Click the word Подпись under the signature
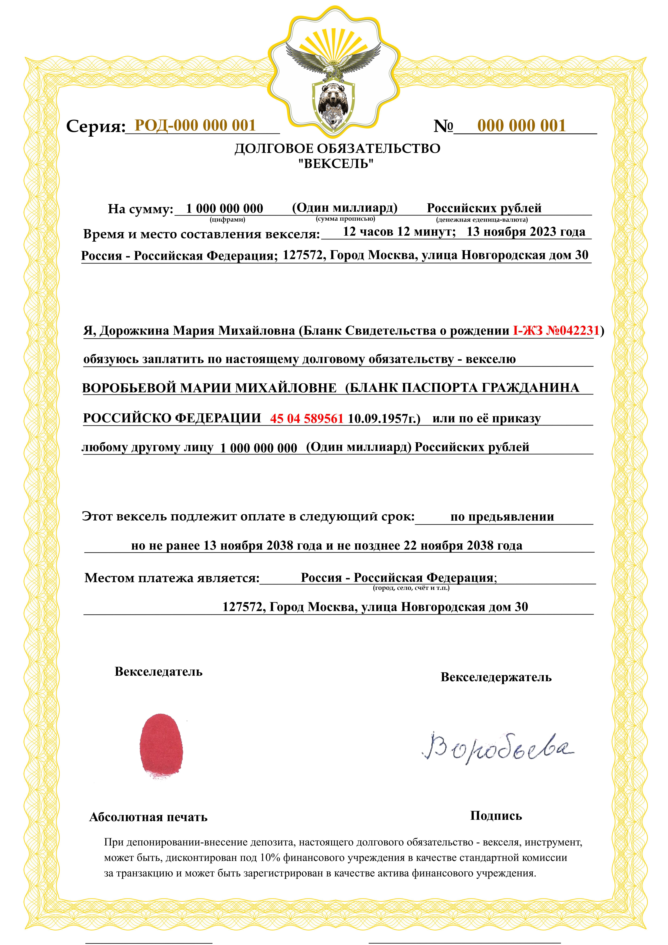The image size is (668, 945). point(496,816)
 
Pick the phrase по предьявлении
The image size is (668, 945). point(502,517)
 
